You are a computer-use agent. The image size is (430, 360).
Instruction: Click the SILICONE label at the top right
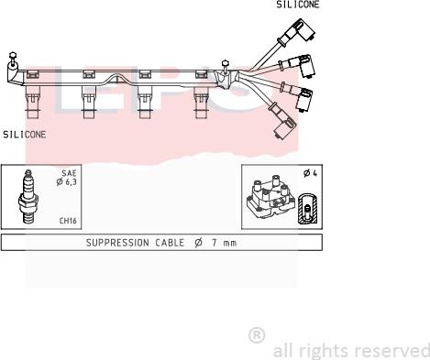(x=298, y=5)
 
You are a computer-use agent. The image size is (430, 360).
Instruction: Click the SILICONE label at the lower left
(x=25, y=135)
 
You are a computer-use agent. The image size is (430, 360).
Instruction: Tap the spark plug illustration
(x=28, y=197)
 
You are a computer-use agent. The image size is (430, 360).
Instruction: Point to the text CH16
(x=68, y=221)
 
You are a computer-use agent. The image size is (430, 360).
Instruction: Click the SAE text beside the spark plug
(x=69, y=173)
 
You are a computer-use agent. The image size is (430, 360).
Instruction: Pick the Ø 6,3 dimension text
(x=66, y=182)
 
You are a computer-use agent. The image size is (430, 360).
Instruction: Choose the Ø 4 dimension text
(x=310, y=173)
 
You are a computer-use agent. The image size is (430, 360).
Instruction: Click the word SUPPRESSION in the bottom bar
(x=117, y=243)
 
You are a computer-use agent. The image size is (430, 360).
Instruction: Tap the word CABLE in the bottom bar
(x=170, y=243)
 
